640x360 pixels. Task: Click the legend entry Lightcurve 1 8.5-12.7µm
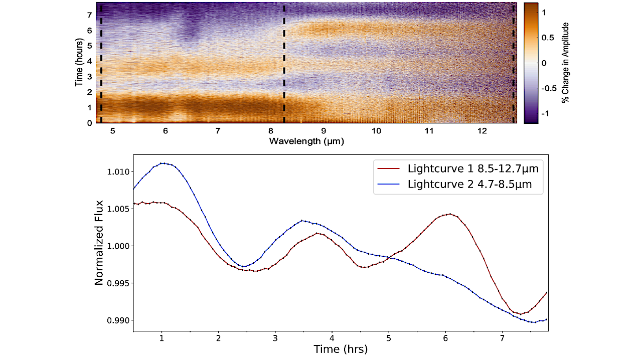(472, 168)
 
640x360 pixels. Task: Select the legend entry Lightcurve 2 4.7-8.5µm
(469, 185)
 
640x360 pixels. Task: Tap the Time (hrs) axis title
(340, 349)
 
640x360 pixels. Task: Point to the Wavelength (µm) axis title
(306, 141)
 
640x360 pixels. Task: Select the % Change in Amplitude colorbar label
(565, 63)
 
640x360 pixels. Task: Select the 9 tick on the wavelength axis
(324, 131)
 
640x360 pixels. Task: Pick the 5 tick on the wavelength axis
(113, 131)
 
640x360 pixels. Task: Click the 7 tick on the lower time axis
(502, 337)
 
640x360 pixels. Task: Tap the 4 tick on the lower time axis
(332, 337)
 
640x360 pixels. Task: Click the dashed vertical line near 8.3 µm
(284, 63)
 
